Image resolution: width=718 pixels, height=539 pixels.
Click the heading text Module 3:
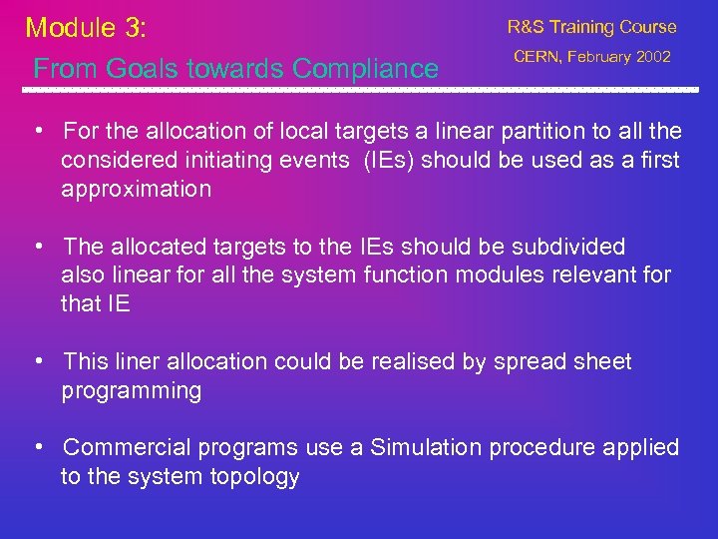click(86, 27)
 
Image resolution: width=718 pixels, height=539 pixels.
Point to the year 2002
click(652, 57)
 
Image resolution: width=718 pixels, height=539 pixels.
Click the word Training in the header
click(588, 27)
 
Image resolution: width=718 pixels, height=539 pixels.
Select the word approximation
click(136, 189)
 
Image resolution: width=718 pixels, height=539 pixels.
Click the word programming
click(131, 390)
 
